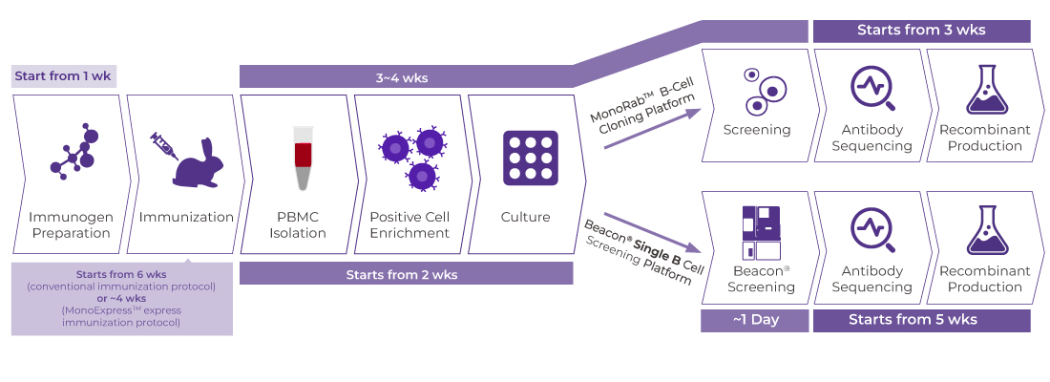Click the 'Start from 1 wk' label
pos(65,75)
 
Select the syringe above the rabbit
pos(165,145)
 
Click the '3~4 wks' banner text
pos(402,76)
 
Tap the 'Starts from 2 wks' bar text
pos(406,274)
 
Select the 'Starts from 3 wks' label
pos(921,30)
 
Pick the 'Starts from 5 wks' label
pos(921,320)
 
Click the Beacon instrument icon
pos(760,233)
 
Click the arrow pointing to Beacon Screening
pos(658,232)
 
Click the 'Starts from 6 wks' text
pos(122,274)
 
